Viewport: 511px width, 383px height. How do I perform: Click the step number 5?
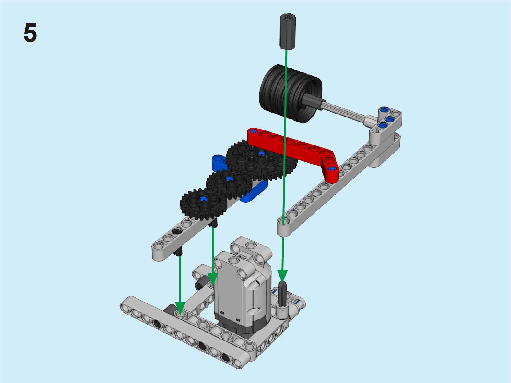pyautogui.click(x=30, y=32)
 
